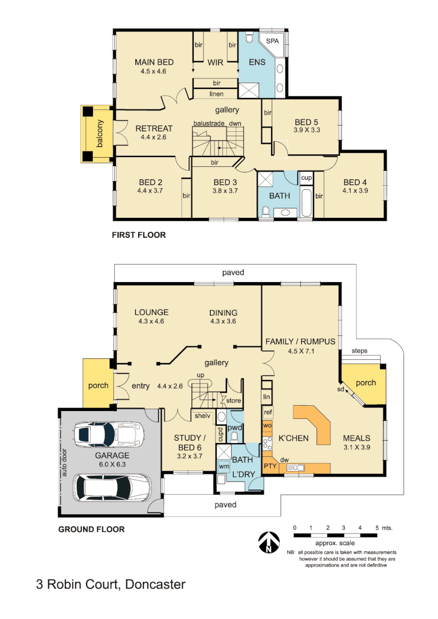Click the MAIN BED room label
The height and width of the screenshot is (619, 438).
click(154, 62)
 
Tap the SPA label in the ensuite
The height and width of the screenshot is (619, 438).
click(272, 41)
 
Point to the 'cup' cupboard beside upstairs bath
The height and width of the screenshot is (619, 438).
click(306, 178)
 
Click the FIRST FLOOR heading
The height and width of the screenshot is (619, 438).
click(139, 235)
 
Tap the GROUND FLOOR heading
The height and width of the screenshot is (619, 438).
click(91, 530)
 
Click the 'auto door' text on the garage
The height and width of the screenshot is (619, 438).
click(64, 462)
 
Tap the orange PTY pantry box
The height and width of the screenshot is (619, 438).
click(270, 466)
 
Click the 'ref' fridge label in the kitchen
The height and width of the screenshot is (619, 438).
click(267, 412)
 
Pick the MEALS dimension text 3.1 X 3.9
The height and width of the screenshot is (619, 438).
click(358, 447)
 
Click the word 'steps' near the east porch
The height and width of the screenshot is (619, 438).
click(359, 351)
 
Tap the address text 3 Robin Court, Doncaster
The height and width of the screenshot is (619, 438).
click(111, 585)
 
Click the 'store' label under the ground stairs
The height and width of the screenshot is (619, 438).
click(233, 401)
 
